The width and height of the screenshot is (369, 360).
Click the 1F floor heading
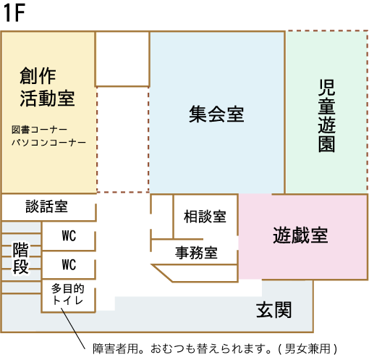[14, 13]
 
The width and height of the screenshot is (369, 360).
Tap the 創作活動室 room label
[47, 87]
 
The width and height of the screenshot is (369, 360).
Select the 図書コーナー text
[39, 130]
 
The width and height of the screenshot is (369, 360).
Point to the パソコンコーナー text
[48, 143]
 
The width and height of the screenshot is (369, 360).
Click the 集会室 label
[216, 114]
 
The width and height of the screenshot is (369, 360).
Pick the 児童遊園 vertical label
[326, 116]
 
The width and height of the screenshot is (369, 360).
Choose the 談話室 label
[46, 206]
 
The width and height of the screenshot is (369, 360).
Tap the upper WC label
[69, 235]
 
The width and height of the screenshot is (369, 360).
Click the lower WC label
[69, 264]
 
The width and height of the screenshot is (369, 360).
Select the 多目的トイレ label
[68, 294]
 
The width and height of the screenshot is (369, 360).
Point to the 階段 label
[20, 259]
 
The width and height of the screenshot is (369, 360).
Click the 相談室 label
[205, 217]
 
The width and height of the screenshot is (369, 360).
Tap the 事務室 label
[197, 253]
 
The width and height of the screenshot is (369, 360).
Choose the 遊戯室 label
[300, 235]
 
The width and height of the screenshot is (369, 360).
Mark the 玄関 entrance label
[273, 310]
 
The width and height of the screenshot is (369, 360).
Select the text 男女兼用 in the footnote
[307, 348]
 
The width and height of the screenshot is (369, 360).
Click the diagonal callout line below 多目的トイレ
[73, 328]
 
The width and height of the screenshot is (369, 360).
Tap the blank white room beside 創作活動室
[122, 59]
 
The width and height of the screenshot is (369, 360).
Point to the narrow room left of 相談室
[162, 217]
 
